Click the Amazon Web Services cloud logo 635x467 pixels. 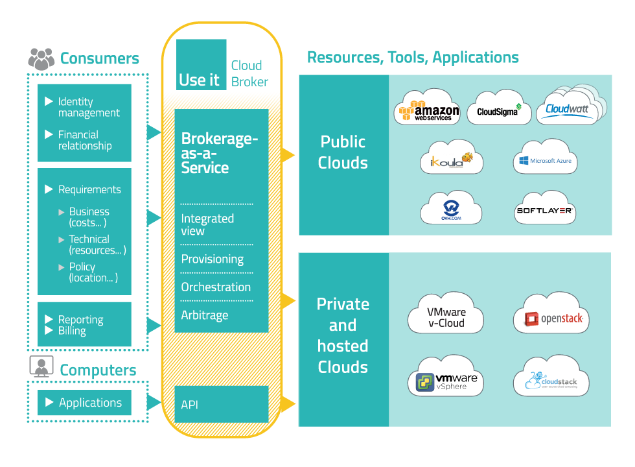(428, 108)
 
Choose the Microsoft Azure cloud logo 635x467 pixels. (545, 158)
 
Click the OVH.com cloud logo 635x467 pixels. (451, 209)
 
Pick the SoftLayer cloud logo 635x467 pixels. (545, 209)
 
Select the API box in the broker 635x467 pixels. (221, 404)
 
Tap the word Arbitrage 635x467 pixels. (205, 315)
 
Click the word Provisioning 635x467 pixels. (213, 259)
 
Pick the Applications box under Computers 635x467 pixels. (84, 403)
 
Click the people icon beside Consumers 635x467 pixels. (41, 59)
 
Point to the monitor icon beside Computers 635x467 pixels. (40, 367)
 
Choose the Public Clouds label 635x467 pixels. (343, 152)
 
